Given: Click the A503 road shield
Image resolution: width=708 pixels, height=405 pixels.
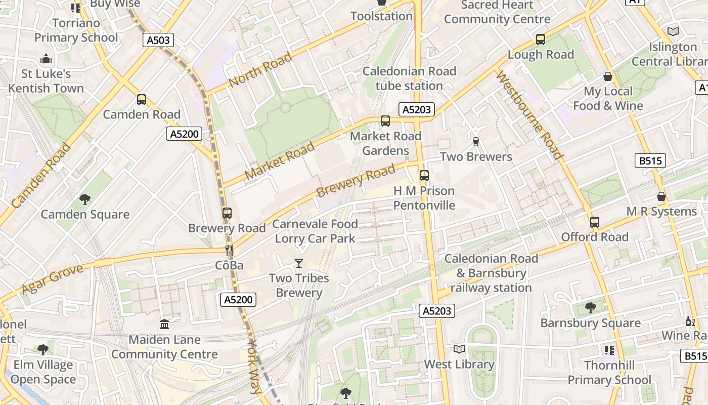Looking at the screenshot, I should [158, 40].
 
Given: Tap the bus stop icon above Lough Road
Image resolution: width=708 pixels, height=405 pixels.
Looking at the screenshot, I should [541, 39].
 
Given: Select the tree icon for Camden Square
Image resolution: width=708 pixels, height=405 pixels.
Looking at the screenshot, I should [85, 199].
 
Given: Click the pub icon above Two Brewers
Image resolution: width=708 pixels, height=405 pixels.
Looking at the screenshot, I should [475, 141].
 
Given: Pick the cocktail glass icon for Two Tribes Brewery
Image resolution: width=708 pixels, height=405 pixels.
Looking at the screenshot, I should [299, 263].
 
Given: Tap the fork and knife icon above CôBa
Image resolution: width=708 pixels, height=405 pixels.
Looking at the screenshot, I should [229, 250].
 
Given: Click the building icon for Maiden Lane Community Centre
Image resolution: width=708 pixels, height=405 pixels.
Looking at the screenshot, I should [164, 324].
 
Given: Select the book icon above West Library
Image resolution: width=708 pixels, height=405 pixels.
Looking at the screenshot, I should [459, 349].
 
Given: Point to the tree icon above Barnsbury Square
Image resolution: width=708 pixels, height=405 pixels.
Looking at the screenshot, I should [590, 307].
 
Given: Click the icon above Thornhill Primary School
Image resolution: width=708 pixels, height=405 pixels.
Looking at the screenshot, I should [609, 350].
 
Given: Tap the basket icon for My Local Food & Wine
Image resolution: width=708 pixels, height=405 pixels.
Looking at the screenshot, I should [608, 76].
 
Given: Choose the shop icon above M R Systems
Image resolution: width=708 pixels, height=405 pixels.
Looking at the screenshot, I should [661, 196].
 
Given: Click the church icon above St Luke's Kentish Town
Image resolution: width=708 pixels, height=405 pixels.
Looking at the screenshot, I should [46, 59].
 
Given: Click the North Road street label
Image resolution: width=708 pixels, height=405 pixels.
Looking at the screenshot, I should [260, 69].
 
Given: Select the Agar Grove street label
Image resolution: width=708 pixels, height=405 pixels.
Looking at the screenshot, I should [52, 279].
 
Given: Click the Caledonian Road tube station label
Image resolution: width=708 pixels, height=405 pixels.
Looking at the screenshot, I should [409, 78].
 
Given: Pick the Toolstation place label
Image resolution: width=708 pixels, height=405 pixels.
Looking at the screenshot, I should [382, 16].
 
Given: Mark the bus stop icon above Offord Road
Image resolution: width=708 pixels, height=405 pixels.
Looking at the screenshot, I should [595, 222].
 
